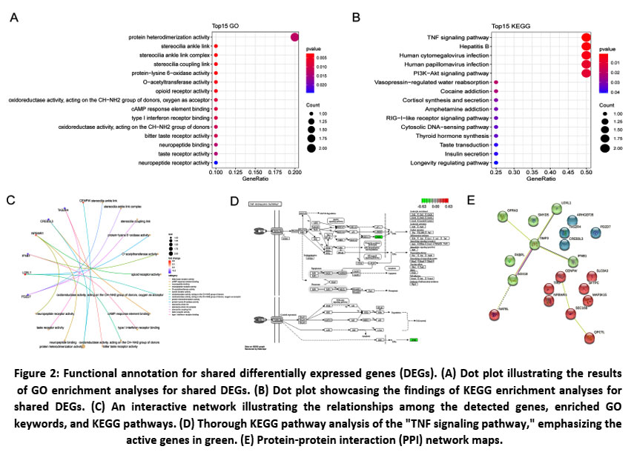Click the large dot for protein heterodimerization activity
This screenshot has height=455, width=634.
click(295, 36)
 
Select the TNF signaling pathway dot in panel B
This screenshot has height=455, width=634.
click(586, 36)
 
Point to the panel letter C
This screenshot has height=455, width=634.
click(10, 199)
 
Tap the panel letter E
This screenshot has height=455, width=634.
click(472, 199)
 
